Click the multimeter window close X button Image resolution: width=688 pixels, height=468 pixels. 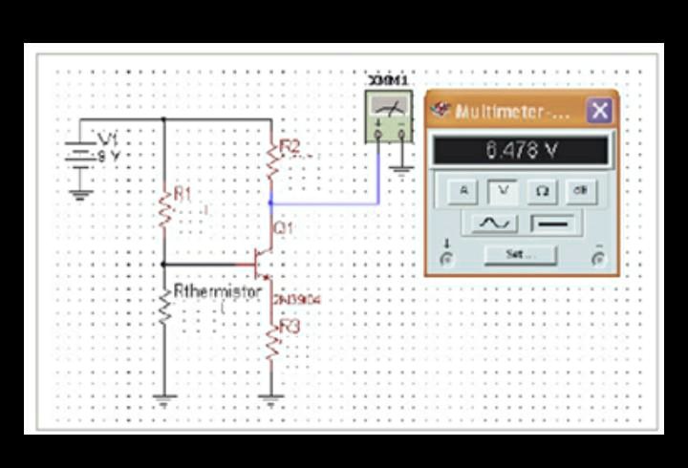click(599, 111)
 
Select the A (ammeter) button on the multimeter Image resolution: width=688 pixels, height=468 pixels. click(463, 190)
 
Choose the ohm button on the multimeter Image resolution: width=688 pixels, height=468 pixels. click(541, 190)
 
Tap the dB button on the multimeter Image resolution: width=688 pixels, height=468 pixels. click(579, 190)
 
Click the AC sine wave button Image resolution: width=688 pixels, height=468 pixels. click(494, 223)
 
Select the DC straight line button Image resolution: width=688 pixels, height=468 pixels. click(553, 223)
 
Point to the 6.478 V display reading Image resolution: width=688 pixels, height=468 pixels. click(521, 150)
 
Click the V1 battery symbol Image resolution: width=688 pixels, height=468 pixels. click(81, 154)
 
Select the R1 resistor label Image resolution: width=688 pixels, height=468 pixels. click(183, 194)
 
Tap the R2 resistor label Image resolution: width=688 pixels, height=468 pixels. click(290, 146)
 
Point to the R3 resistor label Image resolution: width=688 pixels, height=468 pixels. click(289, 327)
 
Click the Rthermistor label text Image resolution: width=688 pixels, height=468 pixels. click(217, 291)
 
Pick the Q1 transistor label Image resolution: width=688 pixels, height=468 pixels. click(284, 228)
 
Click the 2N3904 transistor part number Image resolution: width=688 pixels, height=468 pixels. click(296, 300)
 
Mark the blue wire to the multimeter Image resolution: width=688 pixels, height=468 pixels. click(325, 202)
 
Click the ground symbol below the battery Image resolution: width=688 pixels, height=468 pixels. click(81, 195)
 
